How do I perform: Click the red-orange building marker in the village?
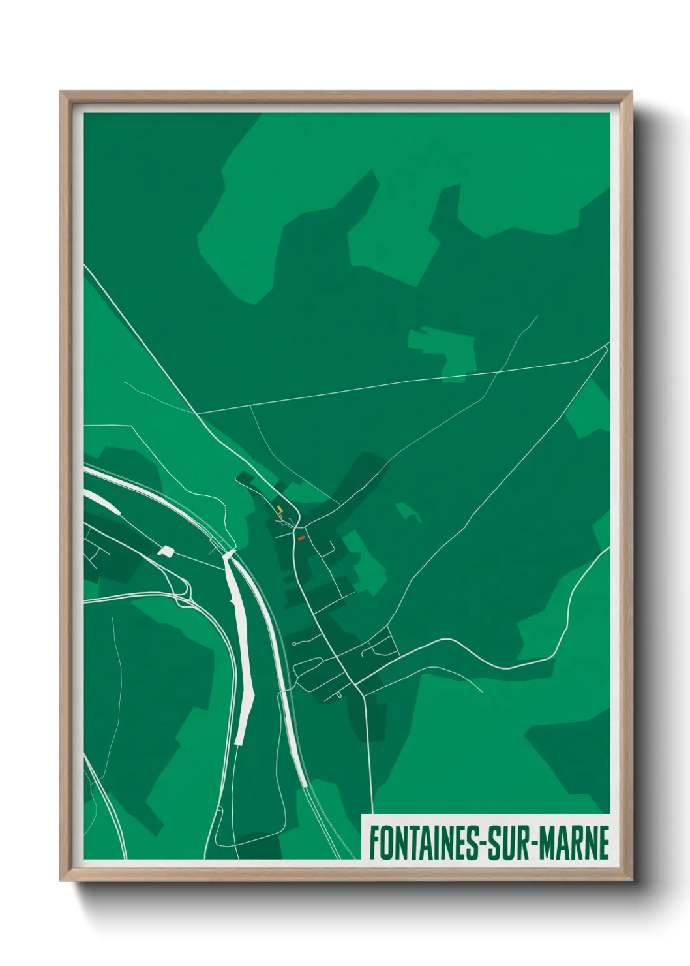tap(301, 538)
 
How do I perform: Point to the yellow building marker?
tap(279, 508)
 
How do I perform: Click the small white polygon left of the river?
tap(166, 551)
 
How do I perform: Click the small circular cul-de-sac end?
tap(295, 644)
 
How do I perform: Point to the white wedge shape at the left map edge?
tap(102, 503)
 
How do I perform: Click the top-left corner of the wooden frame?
tap(61, 93)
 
